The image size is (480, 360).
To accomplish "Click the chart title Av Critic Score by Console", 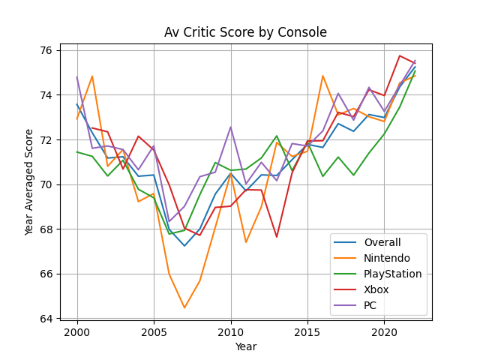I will [x=245, y=33].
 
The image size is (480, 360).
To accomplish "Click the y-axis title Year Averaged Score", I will [x=30, y=182].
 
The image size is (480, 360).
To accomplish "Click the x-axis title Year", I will [x=245, y=347].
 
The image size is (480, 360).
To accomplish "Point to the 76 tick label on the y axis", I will [x=46, y=51].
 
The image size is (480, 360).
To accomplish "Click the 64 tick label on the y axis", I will [x=46, y=319].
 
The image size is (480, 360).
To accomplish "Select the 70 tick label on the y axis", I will [x=46, y=184].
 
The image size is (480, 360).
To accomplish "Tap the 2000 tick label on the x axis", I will [x=77, y=331].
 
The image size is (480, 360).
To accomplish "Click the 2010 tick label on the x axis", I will [x=231, y=331].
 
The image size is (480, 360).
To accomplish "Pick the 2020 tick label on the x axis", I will [x=384, y=331].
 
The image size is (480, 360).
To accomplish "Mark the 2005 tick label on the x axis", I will [x=154, y=331].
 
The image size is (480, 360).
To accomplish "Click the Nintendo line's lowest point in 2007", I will [x=184, y=307].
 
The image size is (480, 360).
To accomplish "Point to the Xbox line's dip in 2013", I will [x=277, y=237].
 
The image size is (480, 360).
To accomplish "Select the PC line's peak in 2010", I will [x=231, y=127].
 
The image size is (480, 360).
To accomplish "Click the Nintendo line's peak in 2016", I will [x=322, y=76].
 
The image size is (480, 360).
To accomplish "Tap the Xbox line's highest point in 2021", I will [x=400, y=55].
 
